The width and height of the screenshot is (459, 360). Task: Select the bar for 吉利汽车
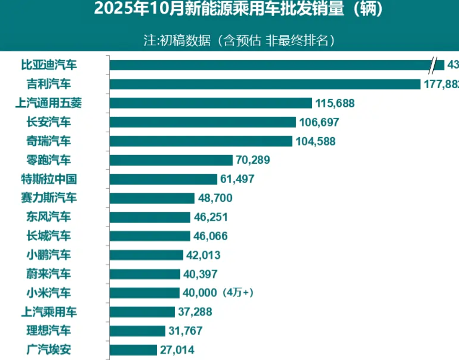click(x=265, y=84)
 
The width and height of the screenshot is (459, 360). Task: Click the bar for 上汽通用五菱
click(x=211, y=103)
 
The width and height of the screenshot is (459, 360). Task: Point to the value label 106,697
click(x=319, y=122)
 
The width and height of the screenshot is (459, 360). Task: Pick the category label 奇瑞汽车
click(x=48, y=141)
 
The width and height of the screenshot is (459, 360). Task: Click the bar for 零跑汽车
click(x=171, y=160)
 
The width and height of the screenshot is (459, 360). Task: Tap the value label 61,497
click(x=238, y=179)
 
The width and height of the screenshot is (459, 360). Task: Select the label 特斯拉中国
click(x=48, y=179)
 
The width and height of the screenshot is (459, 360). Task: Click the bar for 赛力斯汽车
click(x=152, y=198)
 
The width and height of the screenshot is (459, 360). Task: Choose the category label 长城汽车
click(x=48, y=236)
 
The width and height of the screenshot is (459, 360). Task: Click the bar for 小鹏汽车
click(x=146, y=255)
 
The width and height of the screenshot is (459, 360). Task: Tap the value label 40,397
click(x=200, y=274)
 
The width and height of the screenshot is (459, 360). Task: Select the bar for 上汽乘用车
click(x=142, y=312)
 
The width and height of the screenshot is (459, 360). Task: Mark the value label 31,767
click(x=186, y=331)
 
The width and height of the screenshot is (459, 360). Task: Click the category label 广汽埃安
click(x=48, y=350)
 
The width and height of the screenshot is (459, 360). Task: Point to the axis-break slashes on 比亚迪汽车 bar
click(x=432, y=65)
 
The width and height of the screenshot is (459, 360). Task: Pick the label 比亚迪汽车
click(x=48, y=65)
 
